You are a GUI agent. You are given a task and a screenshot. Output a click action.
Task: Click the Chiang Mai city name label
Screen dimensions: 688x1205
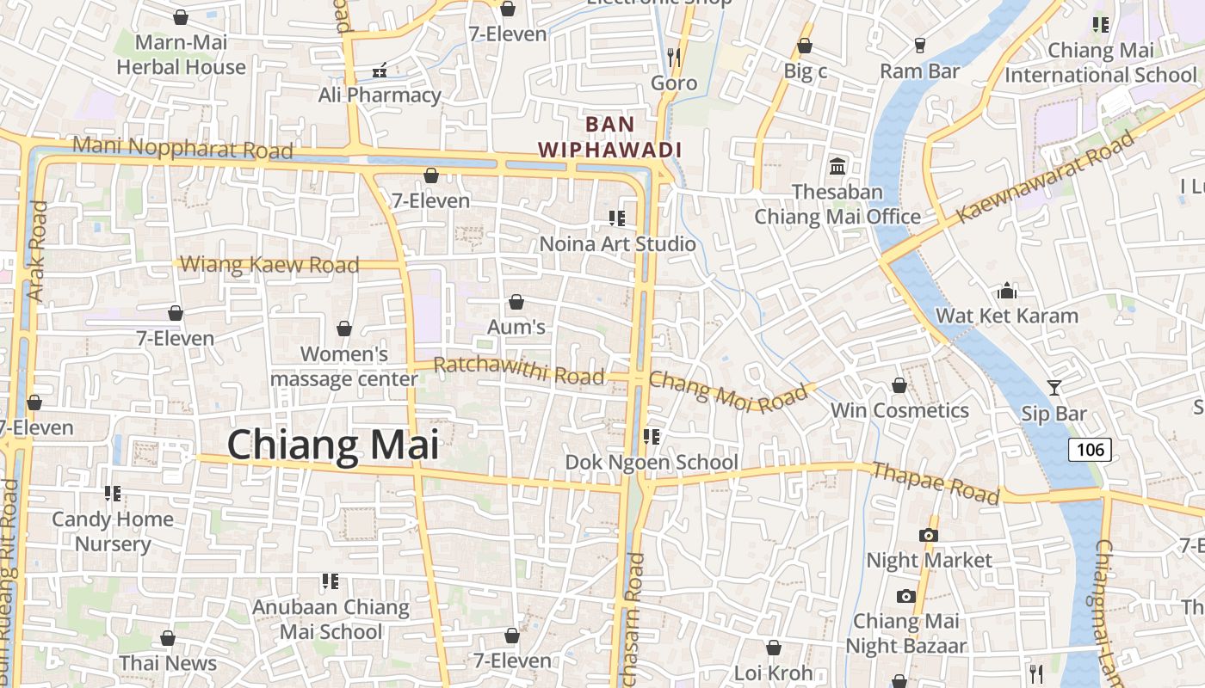(x=333, y=445)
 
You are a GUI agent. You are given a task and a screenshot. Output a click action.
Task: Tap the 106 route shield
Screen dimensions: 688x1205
(x=1090, y=449)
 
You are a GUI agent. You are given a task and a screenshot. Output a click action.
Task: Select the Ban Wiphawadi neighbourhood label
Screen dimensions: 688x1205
(x=610, y=137)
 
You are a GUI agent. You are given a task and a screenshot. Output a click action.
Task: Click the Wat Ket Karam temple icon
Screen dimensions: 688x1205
(x=1006, y=291)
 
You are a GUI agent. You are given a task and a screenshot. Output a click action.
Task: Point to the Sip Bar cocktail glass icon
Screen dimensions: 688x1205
(x=1054, y=388)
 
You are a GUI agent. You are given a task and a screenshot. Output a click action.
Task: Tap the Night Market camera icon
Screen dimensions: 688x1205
(x=927, y=535)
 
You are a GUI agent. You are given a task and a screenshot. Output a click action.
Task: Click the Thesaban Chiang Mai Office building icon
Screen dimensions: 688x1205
(x=837, y=166)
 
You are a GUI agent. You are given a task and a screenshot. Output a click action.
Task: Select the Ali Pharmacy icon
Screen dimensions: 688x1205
(x=379, y=70)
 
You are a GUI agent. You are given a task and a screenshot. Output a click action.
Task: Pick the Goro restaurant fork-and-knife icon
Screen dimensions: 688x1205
(x=674, y=58)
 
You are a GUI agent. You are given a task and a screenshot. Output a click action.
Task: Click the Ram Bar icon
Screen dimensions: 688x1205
(x=919, y=46)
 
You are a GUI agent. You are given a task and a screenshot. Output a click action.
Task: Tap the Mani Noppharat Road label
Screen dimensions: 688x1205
(x=182, y=147)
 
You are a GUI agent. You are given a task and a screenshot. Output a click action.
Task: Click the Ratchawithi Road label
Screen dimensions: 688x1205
(x=519, y=371)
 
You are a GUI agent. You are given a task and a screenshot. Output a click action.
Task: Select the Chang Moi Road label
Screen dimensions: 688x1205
(x=728, y=391)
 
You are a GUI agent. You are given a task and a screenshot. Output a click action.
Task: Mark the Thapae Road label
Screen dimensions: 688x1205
(x=936, y=482)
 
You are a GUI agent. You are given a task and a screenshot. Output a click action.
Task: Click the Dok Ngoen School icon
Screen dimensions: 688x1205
(x=652, y=437)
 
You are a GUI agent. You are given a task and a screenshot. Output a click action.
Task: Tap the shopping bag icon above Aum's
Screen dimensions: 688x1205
(x=516, y=302)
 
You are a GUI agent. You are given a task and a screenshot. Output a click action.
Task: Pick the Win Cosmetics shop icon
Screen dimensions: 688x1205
(x=899, y=385)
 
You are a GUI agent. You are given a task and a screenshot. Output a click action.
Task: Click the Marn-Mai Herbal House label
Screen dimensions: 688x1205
(x=181, y=54)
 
